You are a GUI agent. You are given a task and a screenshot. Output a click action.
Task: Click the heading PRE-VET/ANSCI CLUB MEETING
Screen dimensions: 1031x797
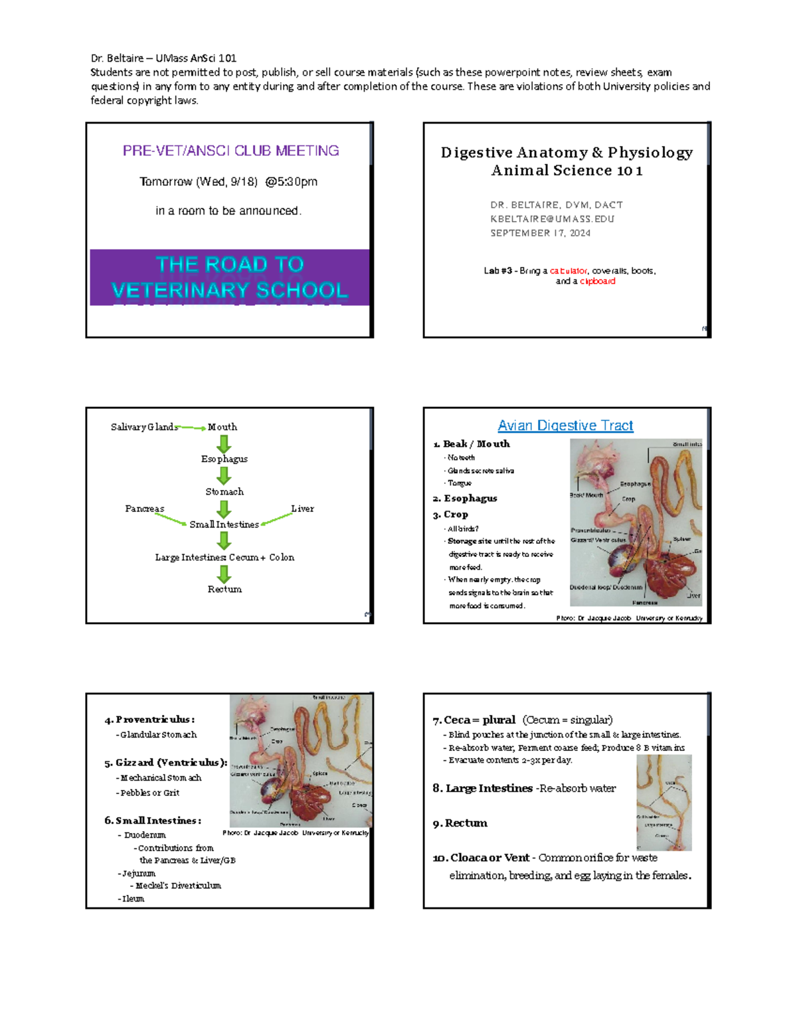tap(230, 151)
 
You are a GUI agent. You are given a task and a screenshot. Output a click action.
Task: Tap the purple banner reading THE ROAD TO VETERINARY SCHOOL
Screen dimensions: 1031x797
tap(230, 278)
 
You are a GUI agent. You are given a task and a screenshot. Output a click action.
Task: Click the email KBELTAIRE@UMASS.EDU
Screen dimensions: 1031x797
tap(552, 219)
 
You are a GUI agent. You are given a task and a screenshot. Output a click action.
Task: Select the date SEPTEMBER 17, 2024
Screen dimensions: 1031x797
tap(540, 233)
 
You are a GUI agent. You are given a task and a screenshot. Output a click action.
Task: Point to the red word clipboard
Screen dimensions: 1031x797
tap(598, 281)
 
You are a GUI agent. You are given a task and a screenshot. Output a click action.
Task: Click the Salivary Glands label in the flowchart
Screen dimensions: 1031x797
tap(143, 427)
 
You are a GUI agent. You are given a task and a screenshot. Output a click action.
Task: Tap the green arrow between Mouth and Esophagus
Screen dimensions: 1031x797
tap(224, 443)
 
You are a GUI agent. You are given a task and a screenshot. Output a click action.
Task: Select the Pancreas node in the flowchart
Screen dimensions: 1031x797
tap(144, 509)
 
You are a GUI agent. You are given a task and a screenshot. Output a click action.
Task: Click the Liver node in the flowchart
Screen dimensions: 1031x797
tap(302, 509)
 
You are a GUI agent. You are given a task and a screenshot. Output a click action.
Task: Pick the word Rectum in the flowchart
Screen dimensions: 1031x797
tap(224, 590)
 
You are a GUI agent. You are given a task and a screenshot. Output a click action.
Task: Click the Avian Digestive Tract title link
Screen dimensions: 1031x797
tap(565, 426)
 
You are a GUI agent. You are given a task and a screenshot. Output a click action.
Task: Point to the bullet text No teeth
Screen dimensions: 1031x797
tap(461, 457)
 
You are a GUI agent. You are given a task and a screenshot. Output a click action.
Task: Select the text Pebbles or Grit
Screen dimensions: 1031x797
tap(149, 793)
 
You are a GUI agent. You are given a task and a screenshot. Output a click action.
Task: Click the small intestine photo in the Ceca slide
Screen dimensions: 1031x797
tap(664, 803)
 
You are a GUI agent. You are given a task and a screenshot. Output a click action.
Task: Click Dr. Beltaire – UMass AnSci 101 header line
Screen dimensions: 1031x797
tap(163, 58)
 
